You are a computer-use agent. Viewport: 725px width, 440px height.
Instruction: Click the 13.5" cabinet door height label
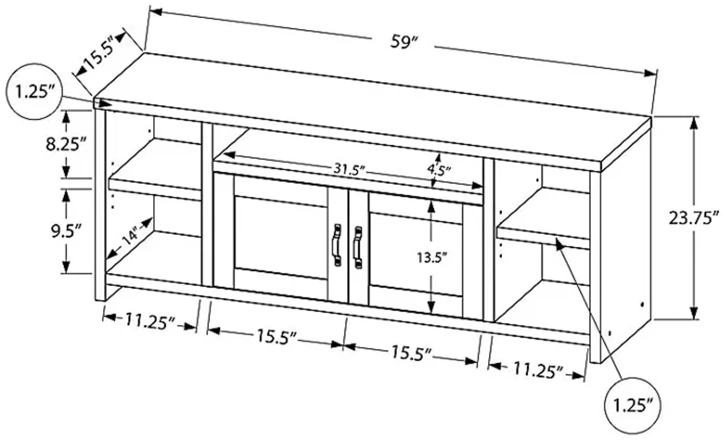click(x=432, y=258)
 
